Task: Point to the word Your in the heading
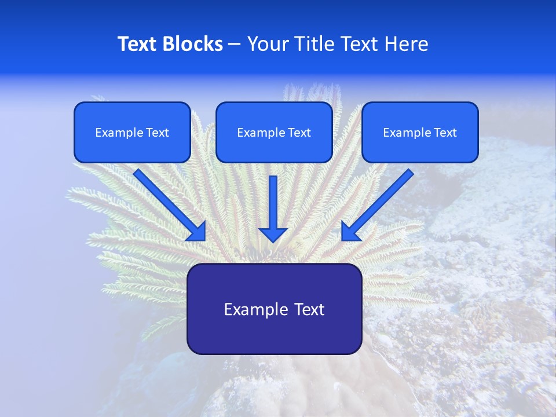tap(267, 44)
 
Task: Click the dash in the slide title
tap(235, 44)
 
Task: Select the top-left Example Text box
tap(132, 133)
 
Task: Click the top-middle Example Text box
tap(274, 133)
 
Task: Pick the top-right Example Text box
tap(420, 133)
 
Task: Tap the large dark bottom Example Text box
tap(274, 309)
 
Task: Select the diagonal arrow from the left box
tap(168, 203)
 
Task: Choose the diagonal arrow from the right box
tap(379, 203)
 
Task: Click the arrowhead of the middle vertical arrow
tap(273, 234)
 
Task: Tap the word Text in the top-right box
tap(445, 133)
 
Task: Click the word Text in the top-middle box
tap(299, 133)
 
